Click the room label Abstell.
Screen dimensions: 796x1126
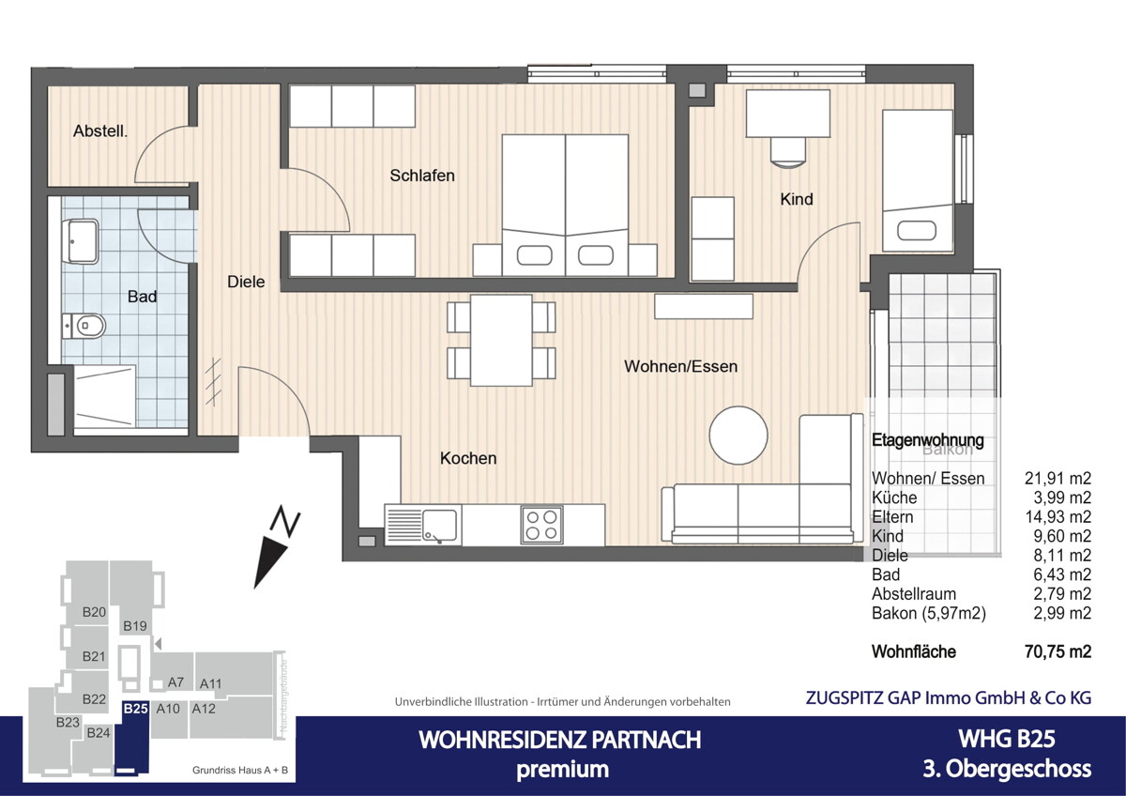[x=100, y=132]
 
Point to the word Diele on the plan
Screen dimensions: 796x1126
[x=246, y=281]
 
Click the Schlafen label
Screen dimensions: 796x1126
[x=422, y=176]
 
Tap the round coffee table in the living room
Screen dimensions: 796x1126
[x=738, y=436]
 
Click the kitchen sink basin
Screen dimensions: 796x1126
[x=438, y=524]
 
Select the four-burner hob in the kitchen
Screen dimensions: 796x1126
[x=541, y=524]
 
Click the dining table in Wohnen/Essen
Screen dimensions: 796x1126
[x=501, y=340]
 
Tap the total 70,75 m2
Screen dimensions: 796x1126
[x=1057, y=651]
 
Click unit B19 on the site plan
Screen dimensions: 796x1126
[x=135, y=625]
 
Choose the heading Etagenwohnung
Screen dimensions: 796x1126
[x=928, y=439]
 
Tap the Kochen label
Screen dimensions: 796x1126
[x=468, y=458]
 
